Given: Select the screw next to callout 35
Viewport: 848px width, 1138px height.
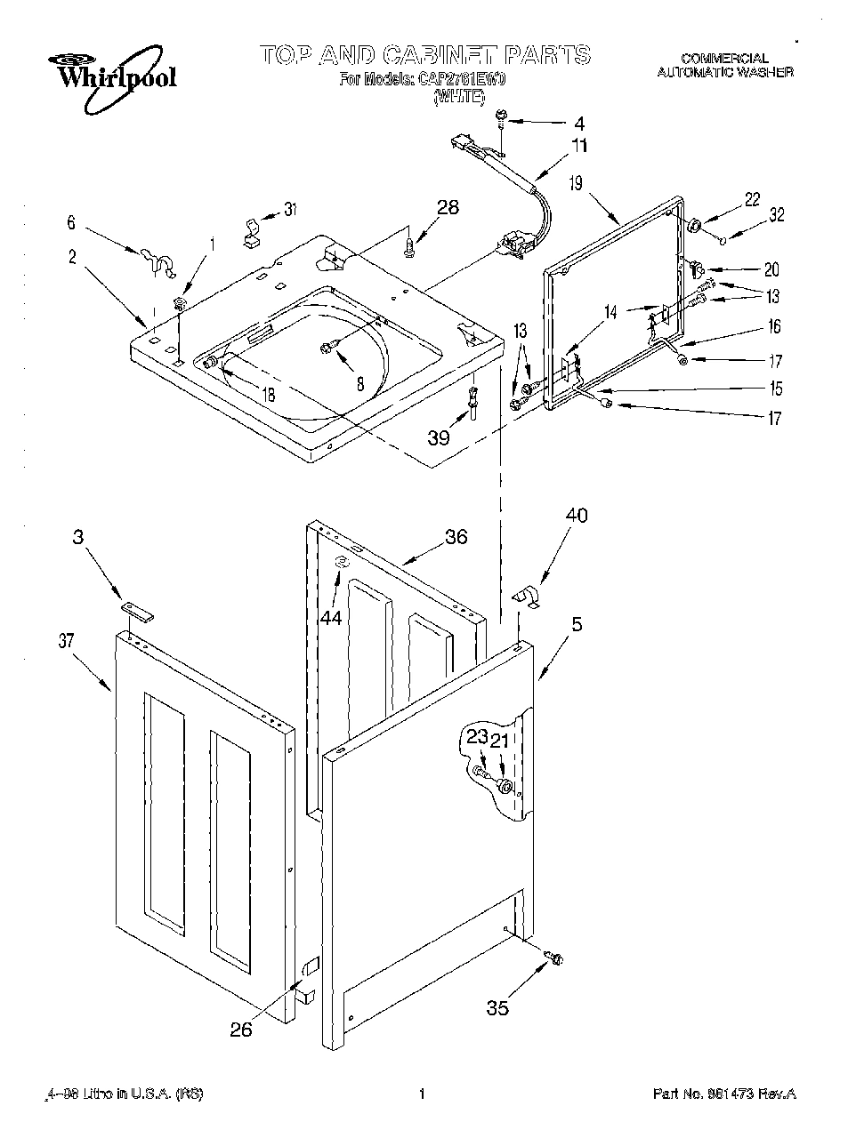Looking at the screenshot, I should [557, 958].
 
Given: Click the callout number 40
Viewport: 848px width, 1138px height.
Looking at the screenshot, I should [576, 515].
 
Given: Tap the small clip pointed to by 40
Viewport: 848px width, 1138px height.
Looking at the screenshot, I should [529, 597].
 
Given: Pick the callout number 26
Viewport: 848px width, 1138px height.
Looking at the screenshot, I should [241, 1030].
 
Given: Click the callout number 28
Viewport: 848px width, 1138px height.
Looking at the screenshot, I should [448, 207].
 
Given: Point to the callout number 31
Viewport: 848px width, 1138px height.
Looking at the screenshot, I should [290, 210].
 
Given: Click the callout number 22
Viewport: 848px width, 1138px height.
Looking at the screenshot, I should [753, 199].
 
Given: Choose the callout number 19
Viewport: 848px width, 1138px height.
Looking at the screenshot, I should [576, 184].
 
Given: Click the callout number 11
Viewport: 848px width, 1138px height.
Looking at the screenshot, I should [579, 146].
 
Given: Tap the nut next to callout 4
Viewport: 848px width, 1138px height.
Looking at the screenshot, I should [502, 116].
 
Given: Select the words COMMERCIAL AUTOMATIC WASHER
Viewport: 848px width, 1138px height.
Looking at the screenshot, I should [724, 66].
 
